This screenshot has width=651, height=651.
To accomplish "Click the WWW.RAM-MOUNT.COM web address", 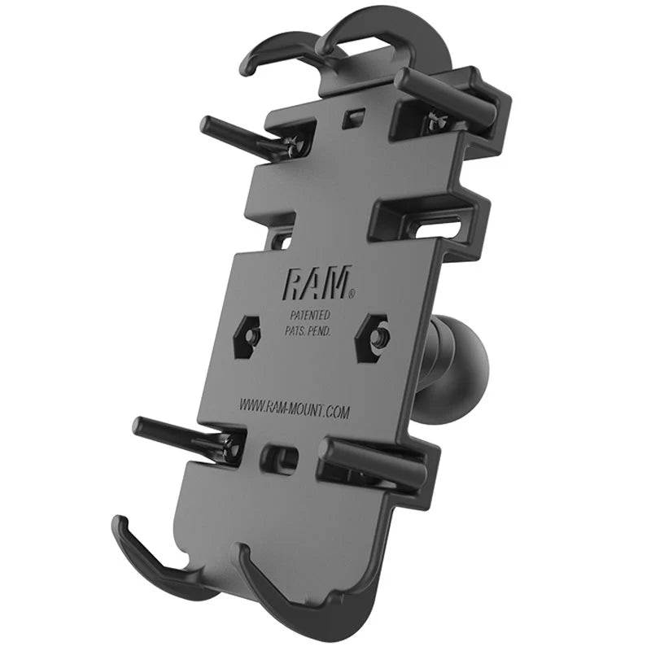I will pos(295,407).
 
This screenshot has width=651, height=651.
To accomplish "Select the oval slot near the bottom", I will pos(277,457).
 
